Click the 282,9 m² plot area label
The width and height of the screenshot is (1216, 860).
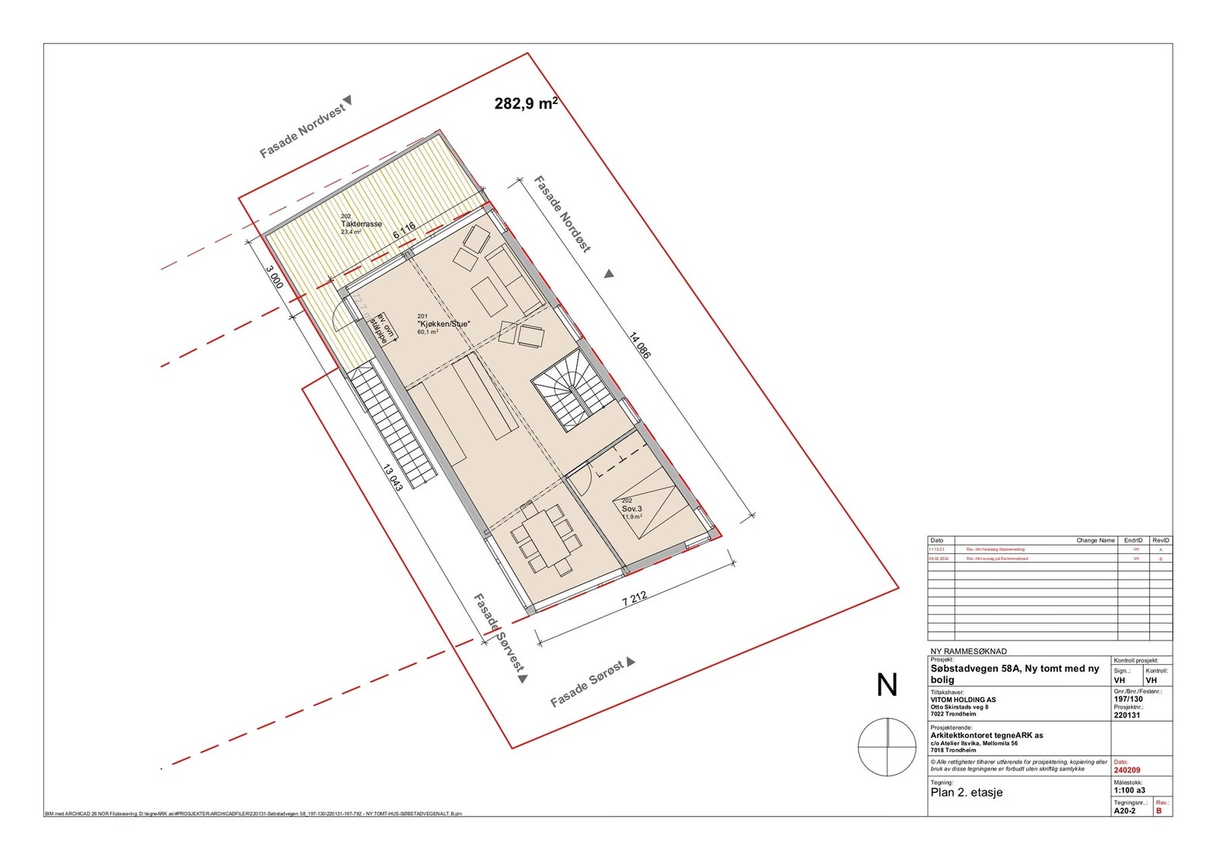pos(526,103)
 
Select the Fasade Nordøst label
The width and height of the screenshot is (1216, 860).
pos(562,214)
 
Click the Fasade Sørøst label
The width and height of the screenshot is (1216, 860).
pos(587,684)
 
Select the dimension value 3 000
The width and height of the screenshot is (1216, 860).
pos(274,277)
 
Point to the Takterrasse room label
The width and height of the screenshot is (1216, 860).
pos(361,224)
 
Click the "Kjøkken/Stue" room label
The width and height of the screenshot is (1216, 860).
pos(443,324)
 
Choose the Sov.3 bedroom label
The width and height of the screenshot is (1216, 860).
pos(632,508)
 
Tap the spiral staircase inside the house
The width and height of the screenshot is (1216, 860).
pos(570,395)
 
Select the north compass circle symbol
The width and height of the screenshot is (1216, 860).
pos(887,747)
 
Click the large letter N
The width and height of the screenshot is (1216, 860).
pos(887,685)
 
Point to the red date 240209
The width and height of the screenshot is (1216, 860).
pos(1126,770)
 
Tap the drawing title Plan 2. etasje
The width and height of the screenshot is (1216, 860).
pos(967,792)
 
